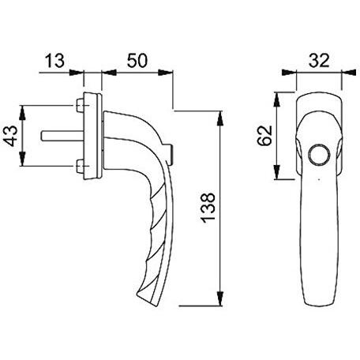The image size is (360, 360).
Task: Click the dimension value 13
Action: [54, 61]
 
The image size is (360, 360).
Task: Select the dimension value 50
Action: [137, 61]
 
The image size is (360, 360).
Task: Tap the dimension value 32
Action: [319, 61]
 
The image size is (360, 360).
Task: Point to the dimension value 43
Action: [11, 136]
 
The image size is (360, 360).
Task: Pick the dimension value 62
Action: [264, 136]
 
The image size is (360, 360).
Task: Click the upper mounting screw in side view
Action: [80, 105]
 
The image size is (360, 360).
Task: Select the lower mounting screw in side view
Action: [80, 167]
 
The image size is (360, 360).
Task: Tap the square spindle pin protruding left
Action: [62, 136]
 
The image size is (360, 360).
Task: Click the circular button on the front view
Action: [319, 155]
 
